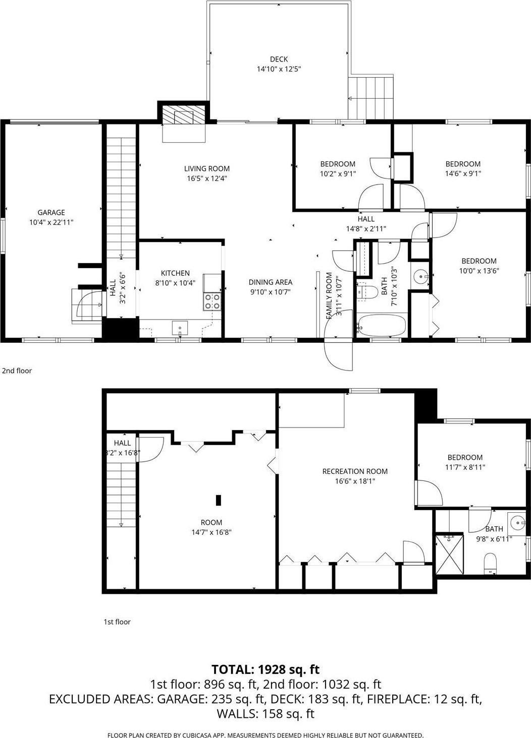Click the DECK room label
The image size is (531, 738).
(279, 59)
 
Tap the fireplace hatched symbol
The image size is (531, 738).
(184, 116)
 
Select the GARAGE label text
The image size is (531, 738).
(51, 213)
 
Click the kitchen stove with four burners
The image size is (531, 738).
(212, 301)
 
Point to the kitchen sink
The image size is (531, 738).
(179, 328)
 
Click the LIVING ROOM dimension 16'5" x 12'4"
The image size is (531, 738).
(206, 178)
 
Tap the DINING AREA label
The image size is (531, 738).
(270, 282)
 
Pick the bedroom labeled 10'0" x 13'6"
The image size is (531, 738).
(479, 266)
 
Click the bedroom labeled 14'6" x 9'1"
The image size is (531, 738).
(462, 168)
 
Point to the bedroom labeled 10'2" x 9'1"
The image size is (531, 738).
(338, 168)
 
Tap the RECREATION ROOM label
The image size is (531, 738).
(355, 471)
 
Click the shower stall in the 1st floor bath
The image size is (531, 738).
(449, 553)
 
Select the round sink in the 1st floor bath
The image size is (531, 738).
(517, 522)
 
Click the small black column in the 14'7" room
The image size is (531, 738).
(219, 500)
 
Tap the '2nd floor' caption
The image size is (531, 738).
(17, 371)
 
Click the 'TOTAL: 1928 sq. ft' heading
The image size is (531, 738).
(265, 669)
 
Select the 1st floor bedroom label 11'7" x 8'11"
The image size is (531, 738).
(464, 462)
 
